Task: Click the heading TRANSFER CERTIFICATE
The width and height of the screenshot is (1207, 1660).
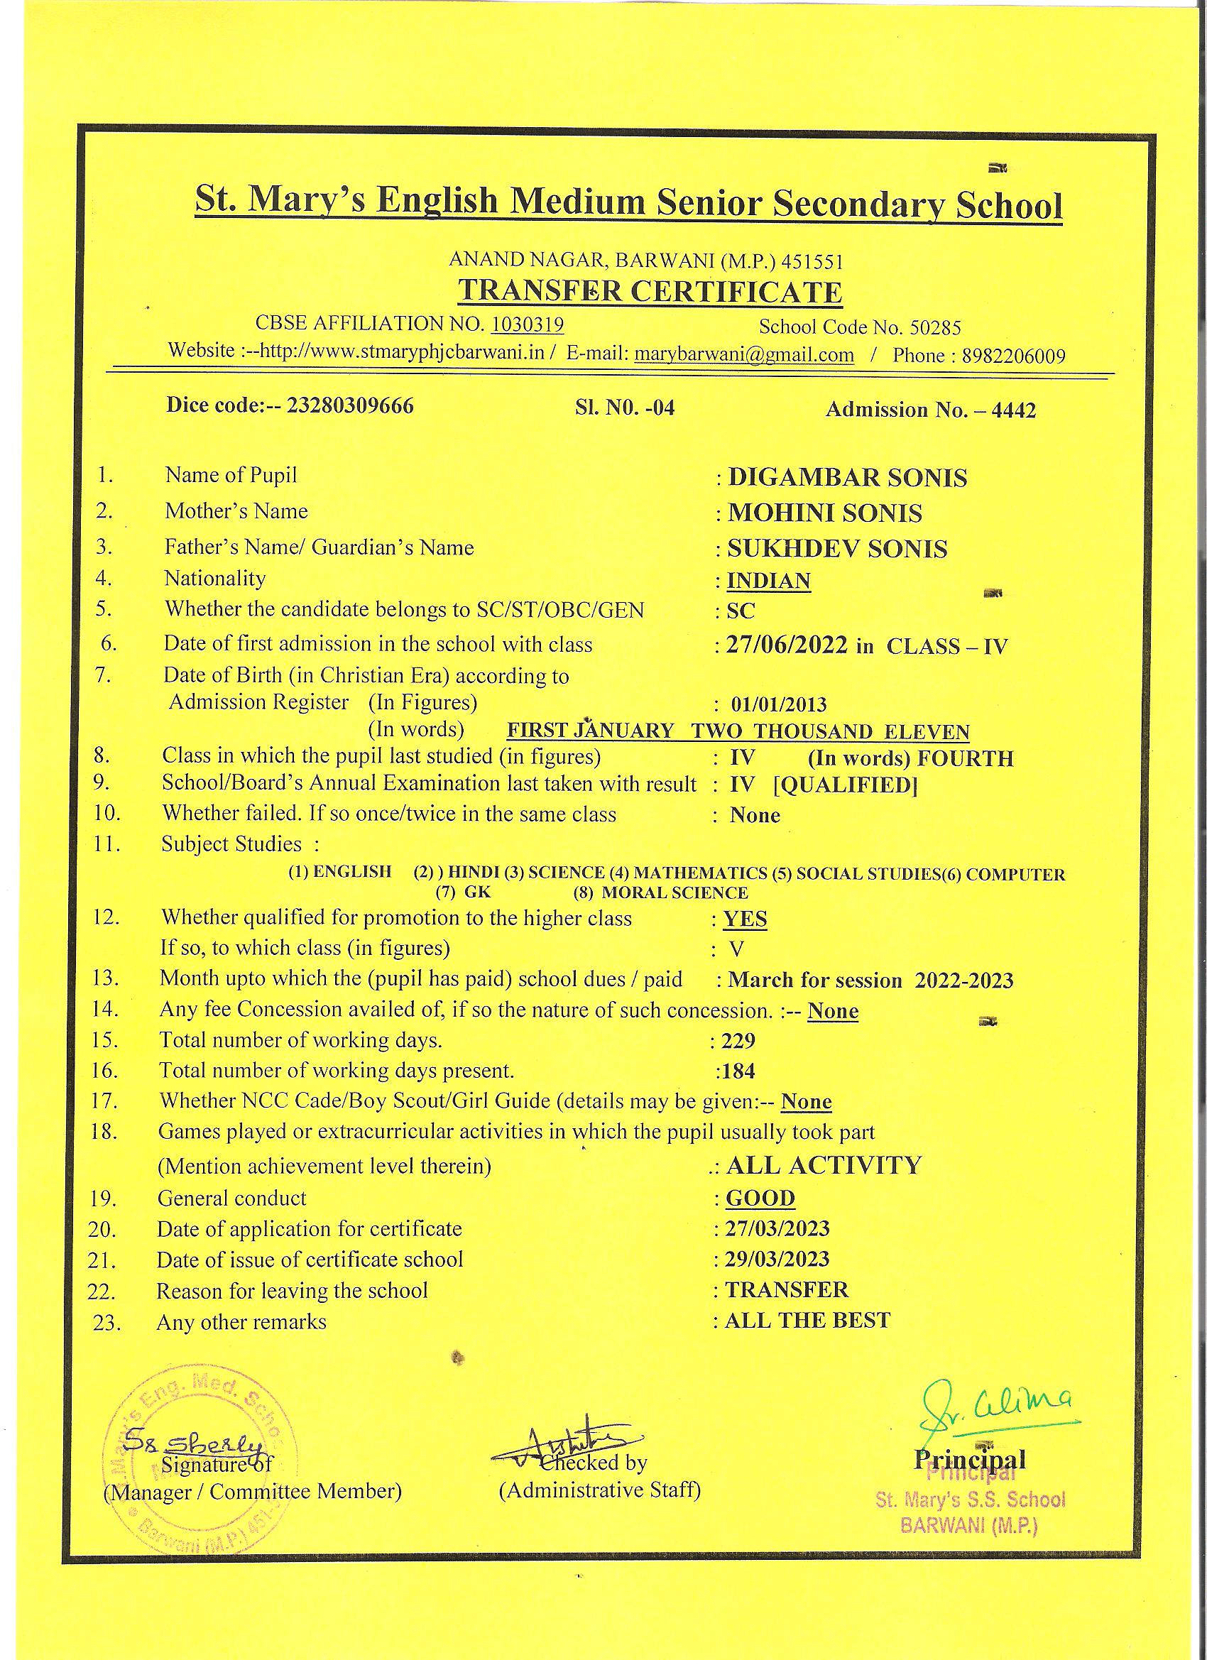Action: (650, 291)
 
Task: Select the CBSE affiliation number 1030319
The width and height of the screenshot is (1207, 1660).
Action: (527, 324)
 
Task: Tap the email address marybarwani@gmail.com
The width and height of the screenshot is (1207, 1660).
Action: (743, 354)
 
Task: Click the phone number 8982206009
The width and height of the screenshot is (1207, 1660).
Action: (1013, 356)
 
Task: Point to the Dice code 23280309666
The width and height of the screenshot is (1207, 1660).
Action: (350, 405)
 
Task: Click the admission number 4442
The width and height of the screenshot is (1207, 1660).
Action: (1014, 410)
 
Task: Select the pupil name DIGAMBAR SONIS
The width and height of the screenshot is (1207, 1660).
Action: (847, 478)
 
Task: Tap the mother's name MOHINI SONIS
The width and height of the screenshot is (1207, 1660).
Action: (824, 513)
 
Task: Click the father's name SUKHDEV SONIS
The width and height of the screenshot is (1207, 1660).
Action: (836, 548)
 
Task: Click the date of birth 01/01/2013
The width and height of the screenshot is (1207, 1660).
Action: (779, 704)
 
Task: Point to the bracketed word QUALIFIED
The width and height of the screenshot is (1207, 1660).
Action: (846, 785)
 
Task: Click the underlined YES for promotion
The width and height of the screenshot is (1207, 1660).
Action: (745, 919)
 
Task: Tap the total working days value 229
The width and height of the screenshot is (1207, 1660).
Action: (738, 1040)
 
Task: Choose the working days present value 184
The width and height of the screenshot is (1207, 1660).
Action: (738, 1071)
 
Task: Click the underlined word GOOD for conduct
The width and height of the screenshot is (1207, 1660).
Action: (760, 1198)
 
